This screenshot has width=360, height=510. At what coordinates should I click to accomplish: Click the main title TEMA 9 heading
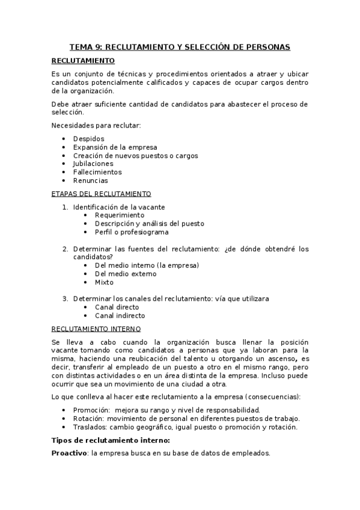(x=180, y=46)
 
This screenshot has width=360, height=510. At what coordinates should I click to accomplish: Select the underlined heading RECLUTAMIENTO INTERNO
(x=96, y=329)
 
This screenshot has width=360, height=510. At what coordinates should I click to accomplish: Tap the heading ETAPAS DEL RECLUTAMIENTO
(x=101, y=194)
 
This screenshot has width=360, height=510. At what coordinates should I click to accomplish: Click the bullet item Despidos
(x=88, y=139)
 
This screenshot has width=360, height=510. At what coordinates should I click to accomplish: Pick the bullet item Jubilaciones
(x=93, y=164)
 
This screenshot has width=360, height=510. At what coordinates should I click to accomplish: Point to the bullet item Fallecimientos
(x=97, y=172)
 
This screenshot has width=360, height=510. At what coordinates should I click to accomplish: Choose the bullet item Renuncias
(x=91, y=180)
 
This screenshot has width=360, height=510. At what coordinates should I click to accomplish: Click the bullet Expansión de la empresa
(x=115, y=147)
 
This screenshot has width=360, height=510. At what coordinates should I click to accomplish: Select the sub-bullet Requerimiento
(x=120, y=215)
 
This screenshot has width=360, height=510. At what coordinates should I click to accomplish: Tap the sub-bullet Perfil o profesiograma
(x=132, y=232)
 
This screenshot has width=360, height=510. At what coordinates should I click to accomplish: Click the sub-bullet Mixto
(x=104, y=282)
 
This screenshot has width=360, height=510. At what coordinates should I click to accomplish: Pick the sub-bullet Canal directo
(x=117, y=307)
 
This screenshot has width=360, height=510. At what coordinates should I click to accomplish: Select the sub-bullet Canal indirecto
(x=120, y=315)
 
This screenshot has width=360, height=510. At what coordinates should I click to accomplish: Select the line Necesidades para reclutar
(x=96, y=125)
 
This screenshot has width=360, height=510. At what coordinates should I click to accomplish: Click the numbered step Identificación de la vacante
(x=119, y=207)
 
